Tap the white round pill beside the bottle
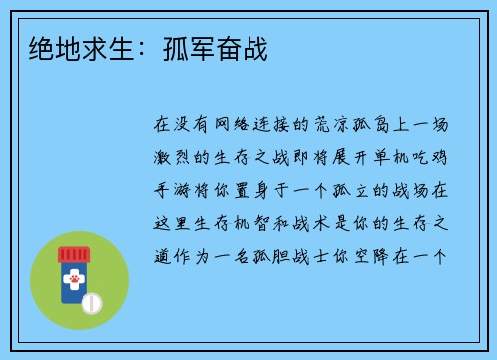(x=91, y=300)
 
